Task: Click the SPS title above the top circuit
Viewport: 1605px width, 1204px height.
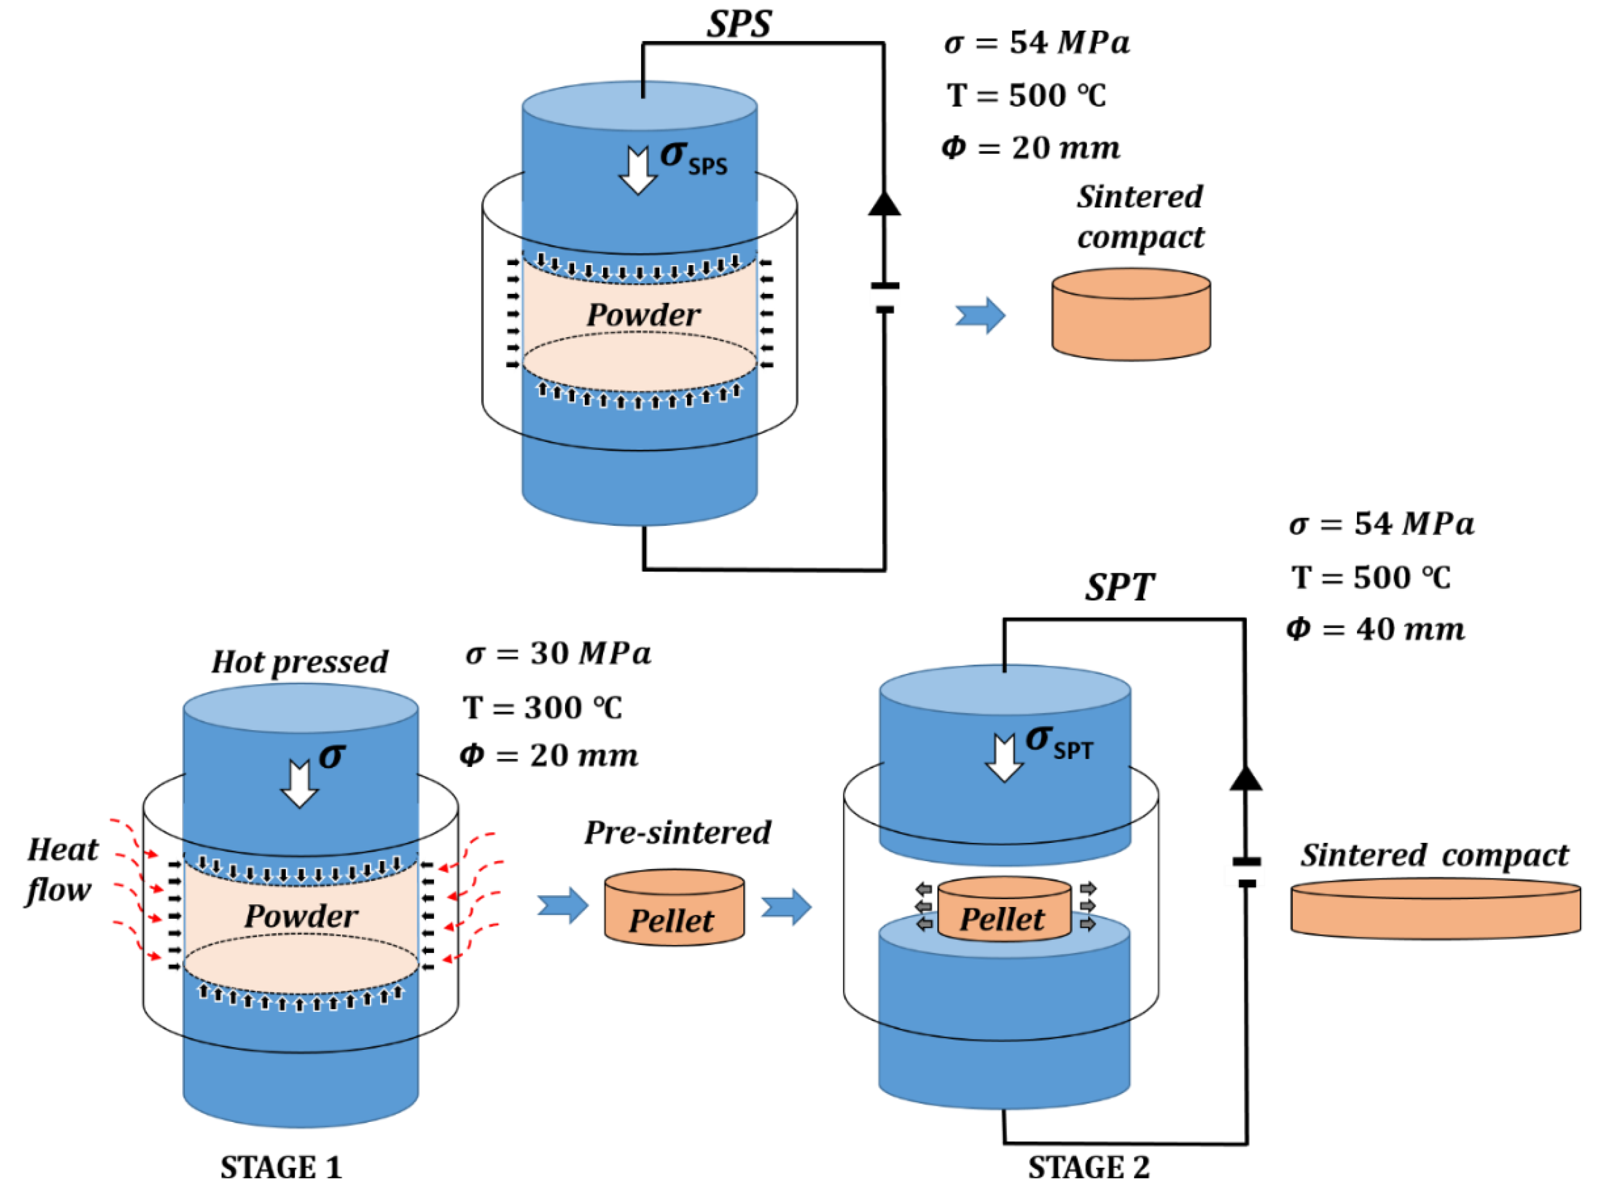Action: click(x=739, y=24)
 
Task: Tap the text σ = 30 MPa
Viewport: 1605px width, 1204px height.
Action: click(x=557, y=654)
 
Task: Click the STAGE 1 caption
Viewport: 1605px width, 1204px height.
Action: click(x=281, y=1168)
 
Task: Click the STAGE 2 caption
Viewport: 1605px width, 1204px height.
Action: click(x=1088, y=1168)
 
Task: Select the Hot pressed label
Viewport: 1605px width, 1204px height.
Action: click(x=300, y=661)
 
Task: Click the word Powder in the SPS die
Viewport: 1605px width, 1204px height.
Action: click(x=643, y=315)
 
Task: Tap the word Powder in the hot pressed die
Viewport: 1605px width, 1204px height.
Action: click(x=301, y=916)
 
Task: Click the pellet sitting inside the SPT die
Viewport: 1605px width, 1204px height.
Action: click(x=1003, y=911)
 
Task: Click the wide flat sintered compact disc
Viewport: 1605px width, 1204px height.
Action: click(x=1434, y=910)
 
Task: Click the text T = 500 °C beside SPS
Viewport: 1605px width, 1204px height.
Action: click(x=1026, y=96)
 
